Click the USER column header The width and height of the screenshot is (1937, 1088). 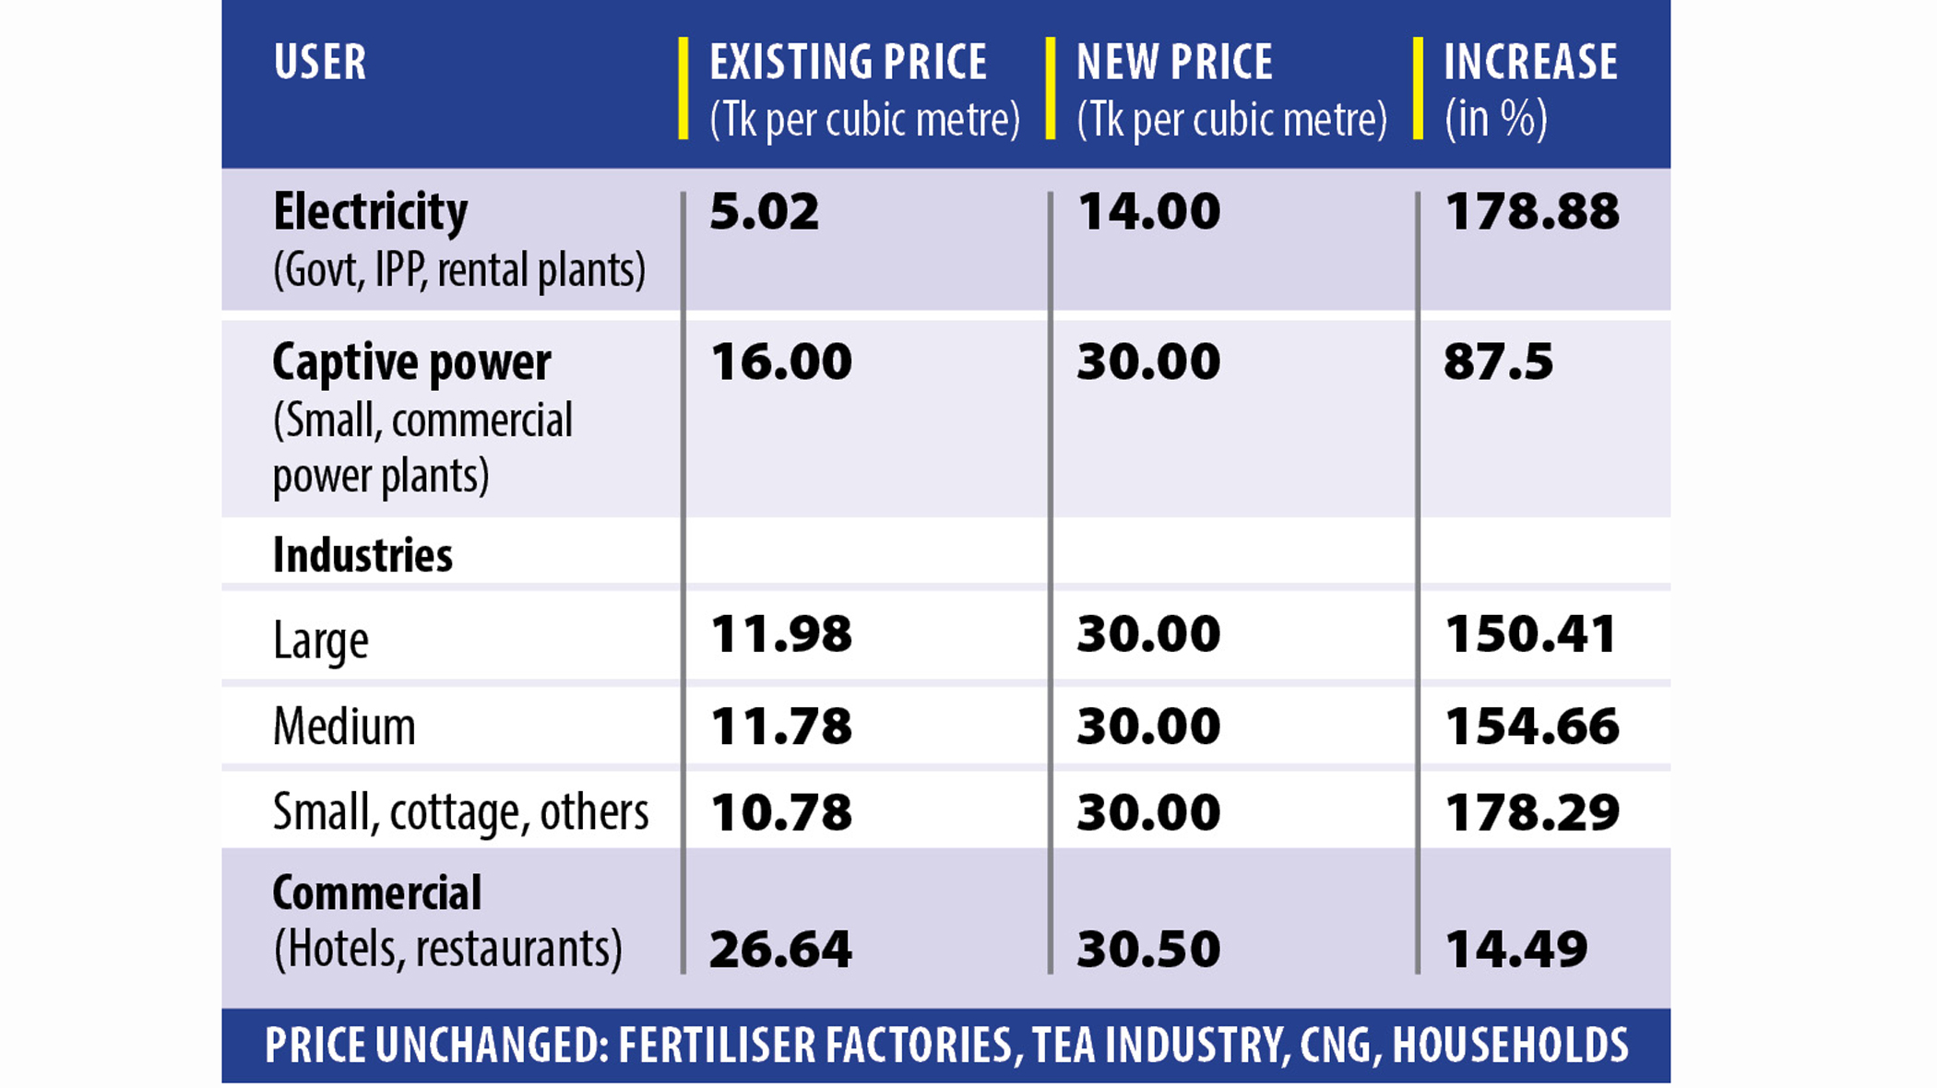pyautogui.click(x=319, y=63)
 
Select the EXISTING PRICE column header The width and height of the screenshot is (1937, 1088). pyautogui.click(x=848, y=63)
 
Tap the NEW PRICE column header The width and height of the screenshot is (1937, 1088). pyautogui.click(x=1174, y=63)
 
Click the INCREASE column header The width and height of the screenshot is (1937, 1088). pyautogui.click(x=1530, y=63)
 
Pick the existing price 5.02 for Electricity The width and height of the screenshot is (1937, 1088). pyautogui.click(x=764, y=212)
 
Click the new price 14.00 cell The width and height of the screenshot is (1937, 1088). pyautogui.click(x=1148, y=212)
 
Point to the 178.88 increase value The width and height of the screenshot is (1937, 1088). pyautogui.click(x=1531, y=212)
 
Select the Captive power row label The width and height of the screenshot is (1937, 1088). pyautogui.click(x=411, y=361)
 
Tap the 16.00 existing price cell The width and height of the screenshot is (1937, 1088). pyautogui.click(x=780, y=361)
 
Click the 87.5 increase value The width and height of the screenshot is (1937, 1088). pyautogui.click(x=1498, y=361)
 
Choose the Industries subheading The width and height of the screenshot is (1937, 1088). pyautogui.click(x=362, y=555)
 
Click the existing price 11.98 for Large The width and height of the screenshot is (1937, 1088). pyautogui.click(x=780, y=634)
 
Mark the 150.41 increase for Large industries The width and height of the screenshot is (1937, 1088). pyautogui.click(x=1530, y=634)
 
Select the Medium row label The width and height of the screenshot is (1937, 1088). pyautogui.click(x=344, y=727)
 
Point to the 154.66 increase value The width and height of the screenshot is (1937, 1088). pyautogui.click(x=1531, y=727)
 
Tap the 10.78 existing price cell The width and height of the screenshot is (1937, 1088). pyautogui.click(x=780, y=812)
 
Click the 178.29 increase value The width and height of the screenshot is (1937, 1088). pyautogui.click(x=1531, y=812)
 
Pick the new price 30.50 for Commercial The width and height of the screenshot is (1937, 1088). pyautogui.click(x=1148, y=950)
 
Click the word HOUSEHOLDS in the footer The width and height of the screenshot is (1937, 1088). pyautogui.click(x=1510, y=1046)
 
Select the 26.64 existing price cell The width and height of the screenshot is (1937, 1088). pyautogui.click(x=780, y=950)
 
